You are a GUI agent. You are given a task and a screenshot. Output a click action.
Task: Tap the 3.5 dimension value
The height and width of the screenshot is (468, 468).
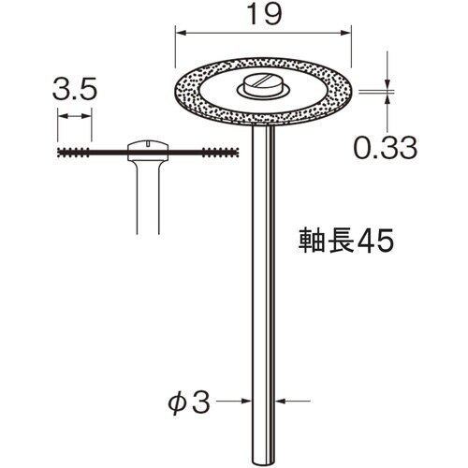click(x=74, y=92)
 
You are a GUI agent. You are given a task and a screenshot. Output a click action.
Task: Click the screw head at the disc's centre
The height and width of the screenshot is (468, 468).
click(x=259, y=88)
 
